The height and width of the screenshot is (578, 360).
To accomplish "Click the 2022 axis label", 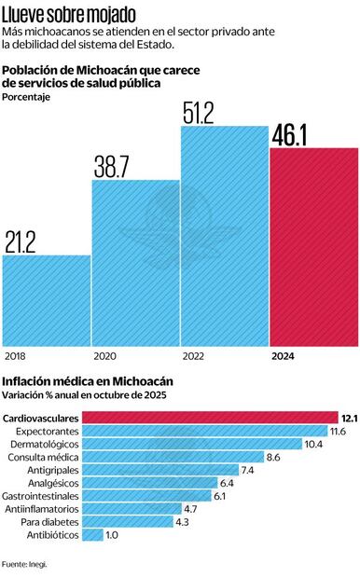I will point(195,356).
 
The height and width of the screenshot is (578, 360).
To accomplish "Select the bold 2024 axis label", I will point(285,356).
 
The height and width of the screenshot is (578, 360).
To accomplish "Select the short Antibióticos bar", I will point(93,535).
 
